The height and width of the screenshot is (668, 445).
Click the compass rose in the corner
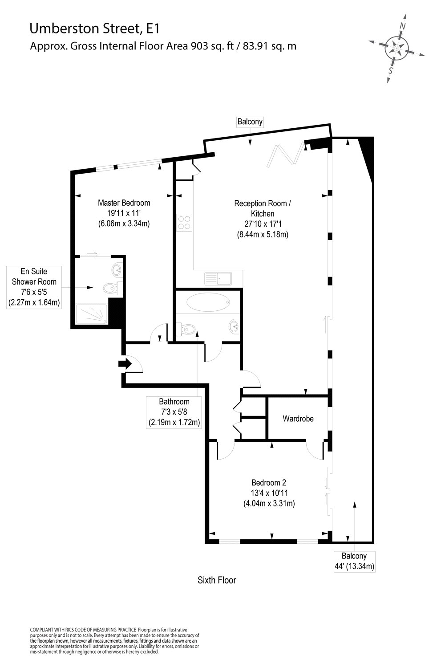click(x=396, y=47)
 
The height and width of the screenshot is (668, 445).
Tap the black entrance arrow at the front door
click(x=125, y=364)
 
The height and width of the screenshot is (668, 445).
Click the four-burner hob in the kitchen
click(x=184, y=222)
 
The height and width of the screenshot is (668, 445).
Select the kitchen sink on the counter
click(x=218, y=279)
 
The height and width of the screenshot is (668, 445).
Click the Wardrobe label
click(x=298, y=419)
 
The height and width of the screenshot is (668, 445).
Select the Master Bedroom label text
click(x=124, y=203)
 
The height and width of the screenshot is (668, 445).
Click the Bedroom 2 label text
click(x=268, y=482)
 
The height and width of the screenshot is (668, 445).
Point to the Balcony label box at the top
click(x=250, y=122)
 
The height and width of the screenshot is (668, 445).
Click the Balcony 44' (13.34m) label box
click(x=354, y=561)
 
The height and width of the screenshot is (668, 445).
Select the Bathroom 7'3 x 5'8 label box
click(x=174, y=412)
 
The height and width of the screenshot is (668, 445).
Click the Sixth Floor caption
click(x=217, y=580)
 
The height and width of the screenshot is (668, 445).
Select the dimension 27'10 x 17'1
click(x=263, y=224)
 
